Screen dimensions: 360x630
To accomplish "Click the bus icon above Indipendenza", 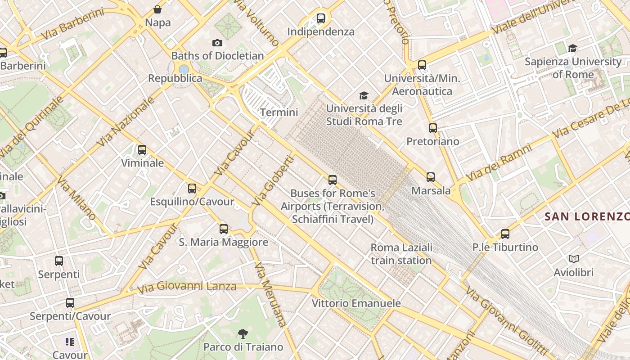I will [321, 18].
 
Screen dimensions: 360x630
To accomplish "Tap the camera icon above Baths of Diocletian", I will [217, 43].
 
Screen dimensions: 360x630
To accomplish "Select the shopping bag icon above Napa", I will [157, 9].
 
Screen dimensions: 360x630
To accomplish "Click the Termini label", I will [279, 112].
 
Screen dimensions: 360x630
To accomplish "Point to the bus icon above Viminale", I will [142, 150].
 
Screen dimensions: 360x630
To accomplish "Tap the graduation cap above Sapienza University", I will [572, 48].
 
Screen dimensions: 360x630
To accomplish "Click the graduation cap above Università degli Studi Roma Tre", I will [364, 95].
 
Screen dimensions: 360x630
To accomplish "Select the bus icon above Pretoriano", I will [433, 128].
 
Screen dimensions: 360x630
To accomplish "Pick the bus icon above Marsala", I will [431, 177].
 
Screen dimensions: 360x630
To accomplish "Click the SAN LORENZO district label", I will [586, 216].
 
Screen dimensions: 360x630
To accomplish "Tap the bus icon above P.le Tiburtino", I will [505, 234].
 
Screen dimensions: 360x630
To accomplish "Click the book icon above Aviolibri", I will [573, 259].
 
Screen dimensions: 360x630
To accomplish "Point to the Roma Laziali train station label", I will [401, 254].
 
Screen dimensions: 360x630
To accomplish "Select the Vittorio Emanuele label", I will [356, 303].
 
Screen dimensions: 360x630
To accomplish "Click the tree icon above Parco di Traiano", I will [243, 333].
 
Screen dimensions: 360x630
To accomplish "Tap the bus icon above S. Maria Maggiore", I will [224, 229].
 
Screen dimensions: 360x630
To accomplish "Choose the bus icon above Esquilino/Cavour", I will [192, 189].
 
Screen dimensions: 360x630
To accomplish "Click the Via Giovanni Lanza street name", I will [187, 287].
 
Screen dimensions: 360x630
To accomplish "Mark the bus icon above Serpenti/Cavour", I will [70, 303].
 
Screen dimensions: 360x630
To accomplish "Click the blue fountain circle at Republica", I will [184, 69].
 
